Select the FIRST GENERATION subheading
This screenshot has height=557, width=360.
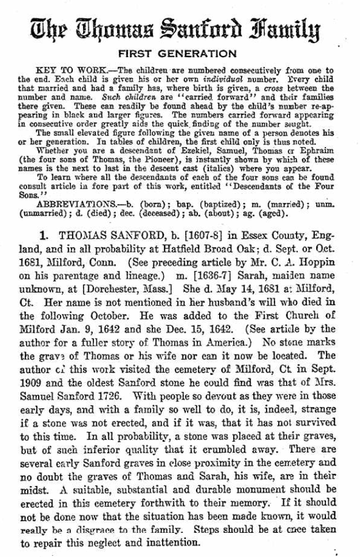(179, 54)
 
